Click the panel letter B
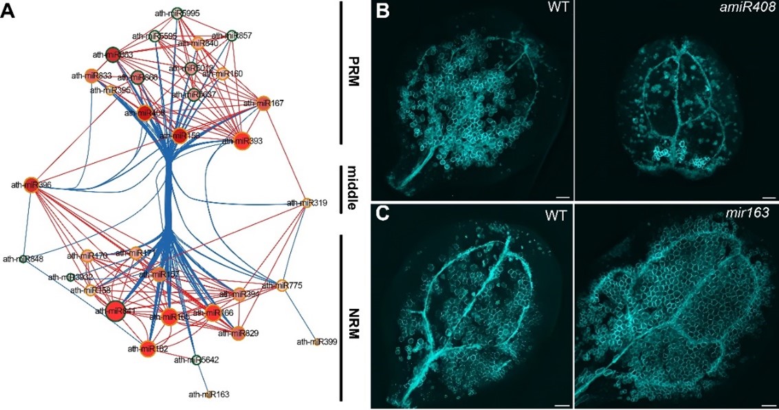[382, 12]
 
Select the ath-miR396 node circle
[30, 184]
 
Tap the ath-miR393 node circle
[241, 141]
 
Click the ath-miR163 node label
[209, 394]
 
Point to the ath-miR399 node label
[316, 341]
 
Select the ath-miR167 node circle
[263, 104]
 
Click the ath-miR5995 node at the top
[177, 13]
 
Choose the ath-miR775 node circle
[280, 285]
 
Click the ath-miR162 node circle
[147, 348]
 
